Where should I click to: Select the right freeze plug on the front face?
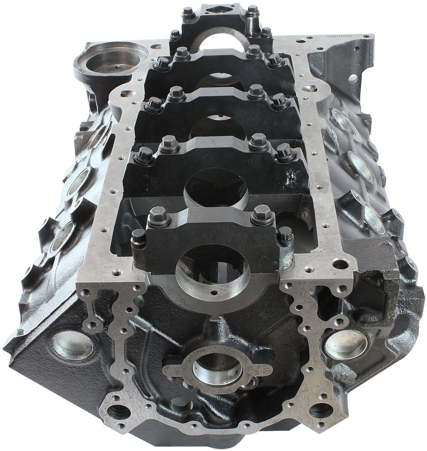point(346,344)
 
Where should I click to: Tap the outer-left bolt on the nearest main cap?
point(138,237)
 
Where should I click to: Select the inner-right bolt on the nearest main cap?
point(262,214)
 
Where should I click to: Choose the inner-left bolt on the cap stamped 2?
point(169,144)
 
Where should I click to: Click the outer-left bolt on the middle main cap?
point(154,104)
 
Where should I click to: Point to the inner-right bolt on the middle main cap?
point(256,92)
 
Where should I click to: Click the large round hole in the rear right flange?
point(353,78)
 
